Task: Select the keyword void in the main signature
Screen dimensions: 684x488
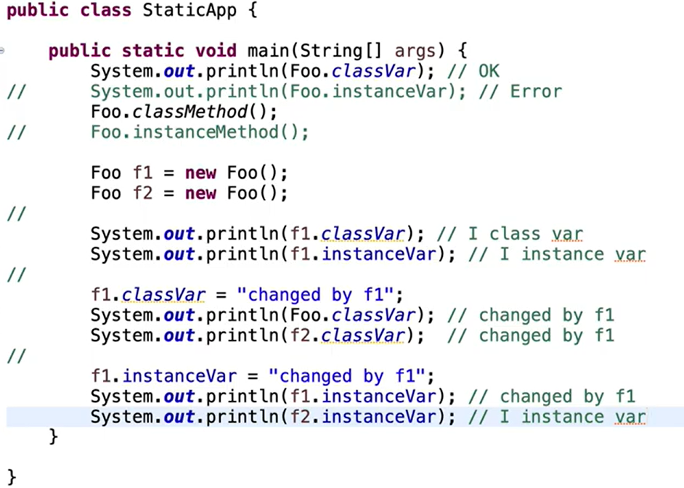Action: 216,51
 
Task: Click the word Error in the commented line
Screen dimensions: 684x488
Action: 536,91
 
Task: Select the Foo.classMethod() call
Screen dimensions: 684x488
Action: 184,112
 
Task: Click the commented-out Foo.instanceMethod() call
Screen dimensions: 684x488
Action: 200,132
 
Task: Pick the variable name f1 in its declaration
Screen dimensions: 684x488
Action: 142,174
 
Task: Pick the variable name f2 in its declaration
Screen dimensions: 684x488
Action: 142,194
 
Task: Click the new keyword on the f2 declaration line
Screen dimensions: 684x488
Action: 200,194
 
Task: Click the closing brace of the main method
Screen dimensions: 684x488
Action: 52,437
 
